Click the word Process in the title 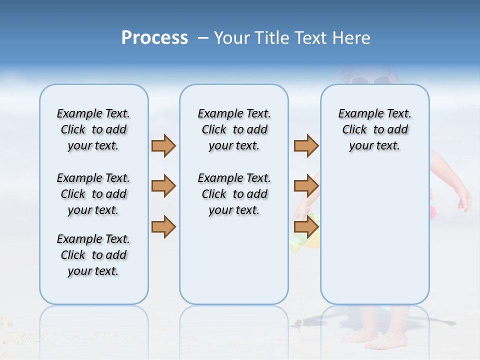coord(154,38)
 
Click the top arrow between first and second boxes coord(163,146)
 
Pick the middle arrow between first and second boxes coord(163,186)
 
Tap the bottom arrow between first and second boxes coord(163,227)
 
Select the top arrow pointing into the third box coord(306,146)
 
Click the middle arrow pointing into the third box coord(306,186)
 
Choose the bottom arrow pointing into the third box coord(306,227)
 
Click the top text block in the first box coord(93,129)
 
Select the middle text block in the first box coord(93,194)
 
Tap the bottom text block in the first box coord(93,255)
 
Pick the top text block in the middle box coord(234,129)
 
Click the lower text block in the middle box coord(234,194)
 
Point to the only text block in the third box coord(374,129)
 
